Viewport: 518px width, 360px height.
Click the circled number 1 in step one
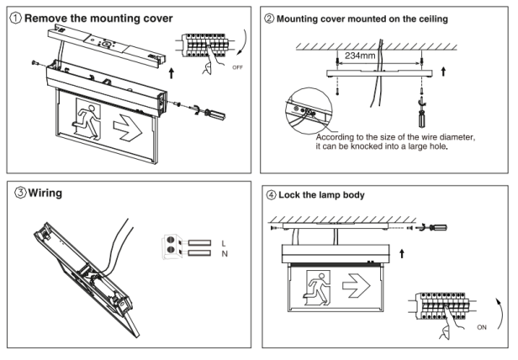click(x=15, y=18)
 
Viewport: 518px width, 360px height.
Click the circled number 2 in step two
click(x=269, y=19)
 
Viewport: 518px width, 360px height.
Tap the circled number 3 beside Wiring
click(x=20, y=192)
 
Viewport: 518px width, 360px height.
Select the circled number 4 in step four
click(x=271, y=194)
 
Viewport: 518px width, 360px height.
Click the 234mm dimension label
click(x=360, y=56)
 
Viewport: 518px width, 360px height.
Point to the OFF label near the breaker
click(x=237, y=67)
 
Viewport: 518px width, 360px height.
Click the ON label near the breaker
click(x=482, y=327)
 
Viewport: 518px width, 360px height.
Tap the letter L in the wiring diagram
click(x=224, y=244)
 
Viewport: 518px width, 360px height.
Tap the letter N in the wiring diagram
click(x=225, y=254)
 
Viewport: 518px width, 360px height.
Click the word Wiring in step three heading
click(x=45, y=193)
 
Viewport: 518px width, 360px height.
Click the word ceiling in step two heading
click(x=433, y=19)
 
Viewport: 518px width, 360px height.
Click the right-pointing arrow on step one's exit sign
click(x=128, y=128)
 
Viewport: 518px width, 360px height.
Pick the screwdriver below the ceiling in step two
click(x=421, y=113)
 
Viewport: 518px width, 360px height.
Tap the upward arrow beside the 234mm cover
click(x=443, y=71)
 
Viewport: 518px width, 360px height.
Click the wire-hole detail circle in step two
click(x=309, y=111)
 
